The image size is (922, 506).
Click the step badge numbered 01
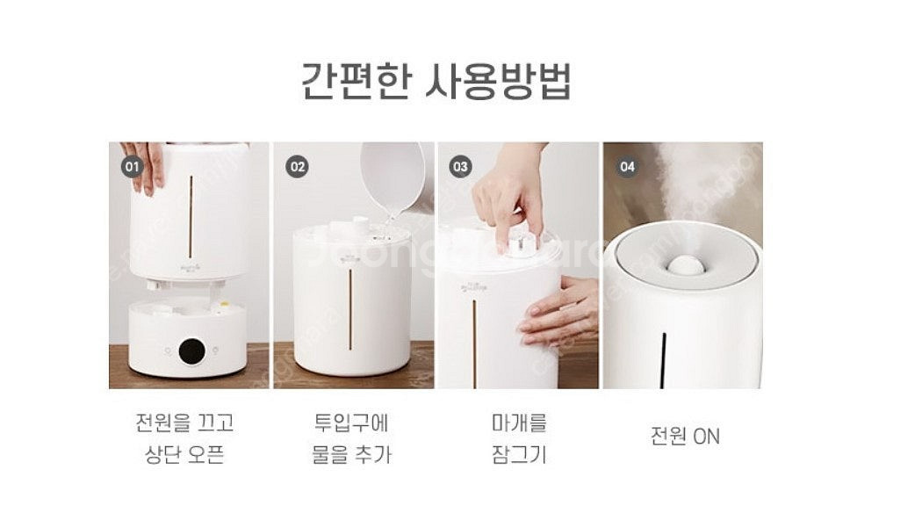pos(133,167)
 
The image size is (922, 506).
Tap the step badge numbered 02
pos(297,167)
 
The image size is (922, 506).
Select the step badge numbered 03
pos(460,167)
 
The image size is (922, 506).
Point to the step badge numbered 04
pos(627,167)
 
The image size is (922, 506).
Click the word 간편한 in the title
pos(356,81)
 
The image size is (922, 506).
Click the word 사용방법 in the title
pos(499,81)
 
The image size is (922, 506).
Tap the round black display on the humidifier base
pos(192,351)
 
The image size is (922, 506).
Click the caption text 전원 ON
pos(685,436)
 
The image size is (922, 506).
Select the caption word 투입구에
pos(351,423)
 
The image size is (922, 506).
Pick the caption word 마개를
pos(519,423)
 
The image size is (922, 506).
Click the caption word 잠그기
pos(519,454)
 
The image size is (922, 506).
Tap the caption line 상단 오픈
pos(184,454)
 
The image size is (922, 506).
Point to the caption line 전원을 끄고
pos(184,423)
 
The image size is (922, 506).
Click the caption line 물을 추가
pos(351,454)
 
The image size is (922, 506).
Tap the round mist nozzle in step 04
pos(686,266)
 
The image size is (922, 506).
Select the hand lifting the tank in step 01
pos(145,167)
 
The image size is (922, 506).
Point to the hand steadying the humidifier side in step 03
pos(558,312)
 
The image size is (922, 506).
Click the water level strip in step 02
pos(350,309)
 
